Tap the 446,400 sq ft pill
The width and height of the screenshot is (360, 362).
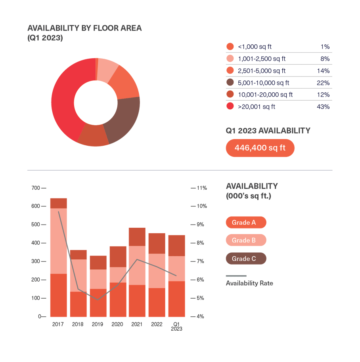point(260,148)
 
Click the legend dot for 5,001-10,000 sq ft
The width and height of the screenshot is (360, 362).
point(230,83)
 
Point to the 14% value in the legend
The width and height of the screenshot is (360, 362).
point(324,71)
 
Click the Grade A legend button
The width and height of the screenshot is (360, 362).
point(246,223)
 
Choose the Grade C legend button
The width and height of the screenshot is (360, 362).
point(246,259)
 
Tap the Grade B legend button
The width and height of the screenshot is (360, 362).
point(246,240)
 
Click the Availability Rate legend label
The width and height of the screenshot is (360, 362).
point(249,283)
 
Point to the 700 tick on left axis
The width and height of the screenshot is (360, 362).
point(36,188)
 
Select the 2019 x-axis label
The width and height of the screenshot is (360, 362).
point(98,324)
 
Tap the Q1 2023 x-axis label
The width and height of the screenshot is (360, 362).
point(176,326)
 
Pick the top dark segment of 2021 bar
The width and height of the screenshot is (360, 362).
point(137,236)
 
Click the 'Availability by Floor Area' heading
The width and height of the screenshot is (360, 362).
point(84,28)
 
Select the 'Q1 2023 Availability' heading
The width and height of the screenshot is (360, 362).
point(268,131)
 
